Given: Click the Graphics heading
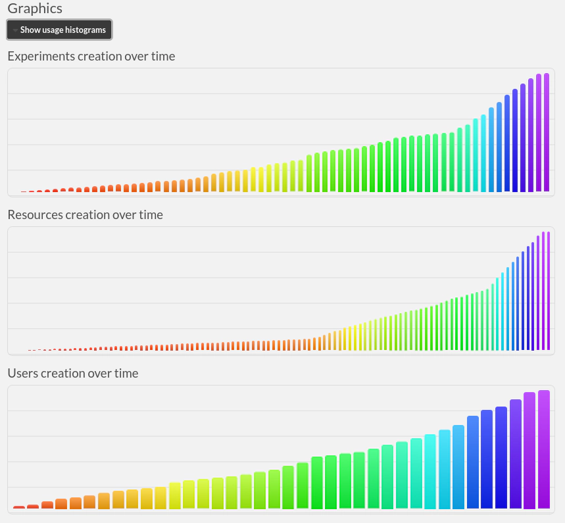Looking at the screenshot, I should point(35,9).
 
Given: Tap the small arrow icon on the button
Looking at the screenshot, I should point(15,30).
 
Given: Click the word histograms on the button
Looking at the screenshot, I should point(86,30).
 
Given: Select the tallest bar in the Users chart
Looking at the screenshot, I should point(544,449).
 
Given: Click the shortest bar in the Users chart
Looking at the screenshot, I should point(19,507).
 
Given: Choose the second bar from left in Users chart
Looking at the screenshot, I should point(33,507).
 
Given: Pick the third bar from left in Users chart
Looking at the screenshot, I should point(47,505).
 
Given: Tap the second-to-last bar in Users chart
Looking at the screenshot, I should point(529,451).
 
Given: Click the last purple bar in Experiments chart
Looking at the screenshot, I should point(547,132).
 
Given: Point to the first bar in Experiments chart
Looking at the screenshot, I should point(24,191).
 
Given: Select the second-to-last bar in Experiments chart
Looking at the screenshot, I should point(539,132).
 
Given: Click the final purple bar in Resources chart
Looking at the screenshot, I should point(548,290).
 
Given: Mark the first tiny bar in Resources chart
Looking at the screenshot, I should point(30,350).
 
